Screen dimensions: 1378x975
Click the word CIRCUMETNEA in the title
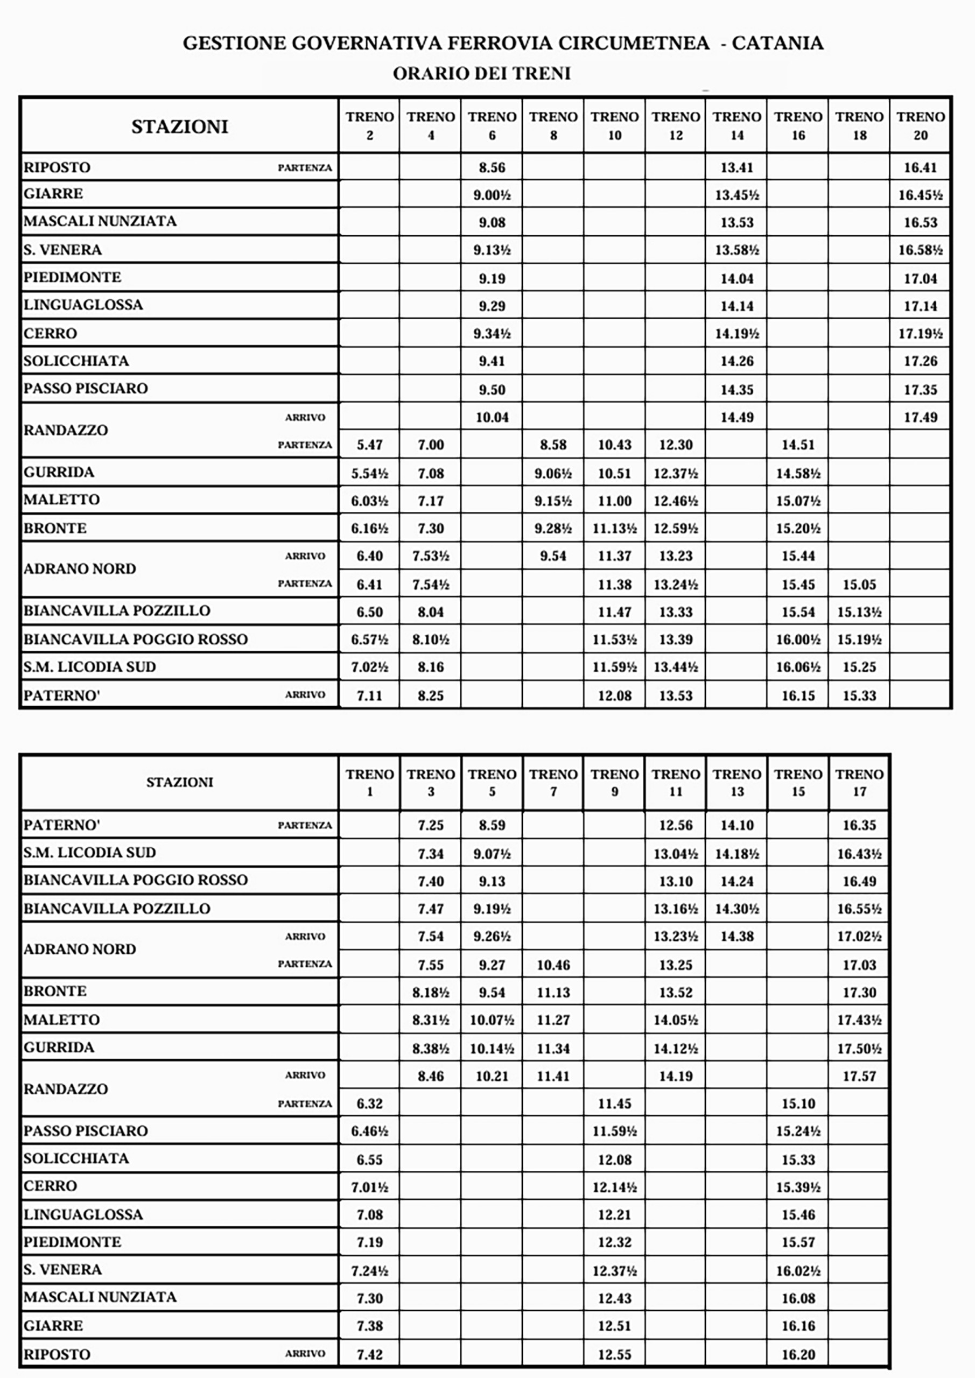pyautogui.click(x=633, y=43)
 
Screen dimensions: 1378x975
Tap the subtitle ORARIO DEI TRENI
pyautogui.click(x=481, y=73)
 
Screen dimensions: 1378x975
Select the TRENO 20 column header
pyautogui.click(x=921, y=125)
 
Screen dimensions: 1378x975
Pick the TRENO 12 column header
pyautogui.click(x=676, y=125)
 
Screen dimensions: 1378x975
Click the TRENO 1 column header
pyautogui.click(x=369, y=782)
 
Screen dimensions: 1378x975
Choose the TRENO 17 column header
pyautogui.click(x=859, y=782)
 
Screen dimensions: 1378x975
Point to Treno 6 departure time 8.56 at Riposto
pyautogui.click(x=492, y=167)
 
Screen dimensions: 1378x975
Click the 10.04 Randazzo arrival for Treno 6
pyautogui.click(x=492, y=417)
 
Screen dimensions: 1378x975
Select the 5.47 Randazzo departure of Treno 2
pyautogui.click(x=369, y=445)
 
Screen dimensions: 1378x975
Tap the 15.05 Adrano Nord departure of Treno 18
pyautogui.click(x=859, y=584)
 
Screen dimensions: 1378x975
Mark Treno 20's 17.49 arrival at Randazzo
pyautogui.click(x=921, y=417)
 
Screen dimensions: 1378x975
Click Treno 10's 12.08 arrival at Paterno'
pyautogui.click(x=614, y=695)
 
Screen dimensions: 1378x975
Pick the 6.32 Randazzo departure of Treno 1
pyautogui.click(x=369, y=1103)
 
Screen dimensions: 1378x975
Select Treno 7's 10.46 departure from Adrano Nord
pyautogui.click(x=553, y=965)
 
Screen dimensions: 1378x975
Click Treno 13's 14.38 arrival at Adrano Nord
pyautogui.click(x=736, y=936)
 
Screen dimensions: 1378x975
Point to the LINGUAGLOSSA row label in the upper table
pyautogui.click(x=83, y=305)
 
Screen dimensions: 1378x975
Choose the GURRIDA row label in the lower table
pyautogui.click(x=59, y=1047)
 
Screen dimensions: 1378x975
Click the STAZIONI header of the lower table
pyautogui.click(x=179, y=782)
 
